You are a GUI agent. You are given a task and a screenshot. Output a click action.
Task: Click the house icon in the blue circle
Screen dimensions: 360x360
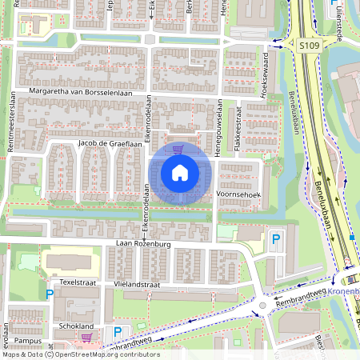click(x=180, y=172)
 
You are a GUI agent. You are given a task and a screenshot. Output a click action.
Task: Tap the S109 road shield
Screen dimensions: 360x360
click(x=310, y=47)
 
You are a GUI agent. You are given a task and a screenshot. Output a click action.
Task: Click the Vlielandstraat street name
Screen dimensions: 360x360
click(x=138, y=284)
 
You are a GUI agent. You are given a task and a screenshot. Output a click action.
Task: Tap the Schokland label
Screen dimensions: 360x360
click(x=77, y=326)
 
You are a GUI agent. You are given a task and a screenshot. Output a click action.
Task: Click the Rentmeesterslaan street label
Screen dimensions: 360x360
click(x=13, y=129)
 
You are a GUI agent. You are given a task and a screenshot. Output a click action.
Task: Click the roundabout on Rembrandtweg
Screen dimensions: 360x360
click(x=262, y=305)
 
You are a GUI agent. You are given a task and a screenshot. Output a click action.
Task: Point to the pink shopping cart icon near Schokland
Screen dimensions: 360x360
click(x=86, y=338)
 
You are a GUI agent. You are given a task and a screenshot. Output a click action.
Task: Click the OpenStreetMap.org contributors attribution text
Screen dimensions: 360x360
click(x=107, y=354)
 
